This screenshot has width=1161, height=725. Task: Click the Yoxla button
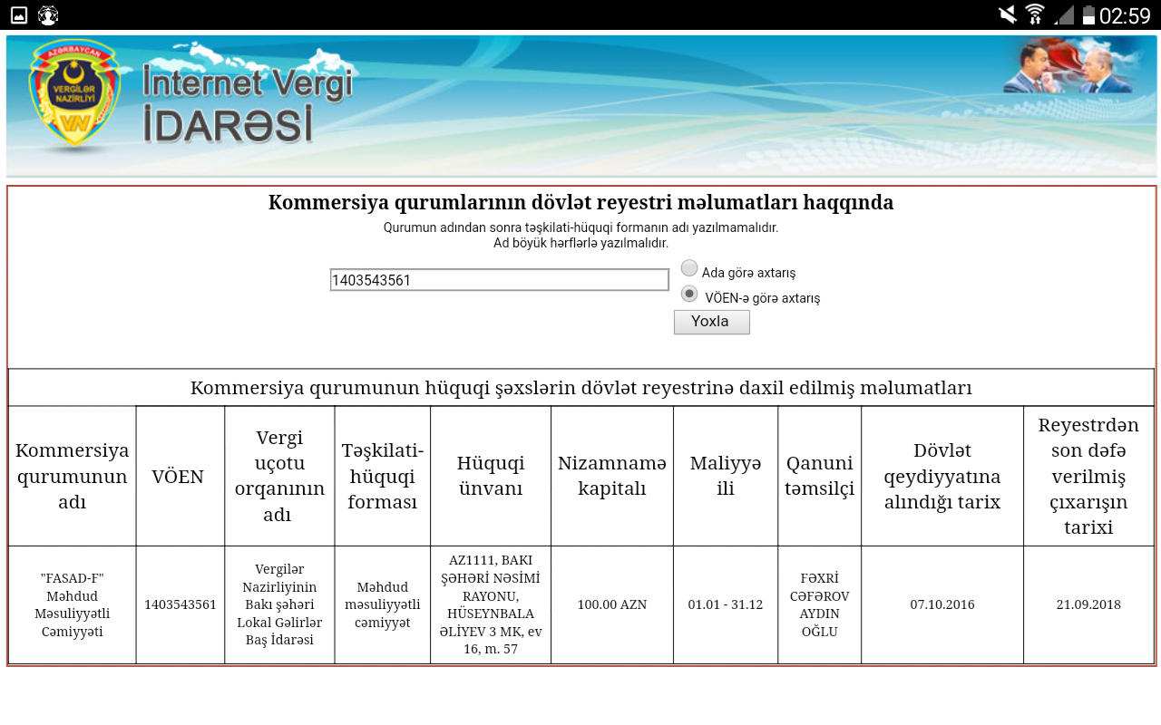[x=711, y=322]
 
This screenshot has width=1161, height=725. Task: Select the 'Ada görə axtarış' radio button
[x=688, y=268]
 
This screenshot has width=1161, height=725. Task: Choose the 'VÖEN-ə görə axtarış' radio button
[x=688, y=295]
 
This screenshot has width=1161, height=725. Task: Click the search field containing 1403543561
[x=499, y=280]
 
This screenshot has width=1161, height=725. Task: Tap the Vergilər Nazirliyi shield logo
[x=74, y=93]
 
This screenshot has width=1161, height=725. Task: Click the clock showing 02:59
[x=1125, y=15]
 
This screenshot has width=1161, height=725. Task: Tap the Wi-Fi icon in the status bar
[x=1035, y=14]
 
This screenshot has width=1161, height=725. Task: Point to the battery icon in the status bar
[x=1088, y=15]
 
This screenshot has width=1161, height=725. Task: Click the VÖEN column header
[x=178, y=477]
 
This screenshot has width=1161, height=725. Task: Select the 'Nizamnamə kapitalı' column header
[x=612, y=476]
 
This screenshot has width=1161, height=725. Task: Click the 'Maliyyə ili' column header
[x=726, y=476]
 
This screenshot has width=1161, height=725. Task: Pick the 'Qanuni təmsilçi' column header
[x=819, y=476]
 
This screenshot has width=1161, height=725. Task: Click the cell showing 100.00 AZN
[x=612, y=604]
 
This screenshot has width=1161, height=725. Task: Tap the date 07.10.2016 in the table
[x=942, y=604]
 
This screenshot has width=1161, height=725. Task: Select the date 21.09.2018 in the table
[x=1088, y=604]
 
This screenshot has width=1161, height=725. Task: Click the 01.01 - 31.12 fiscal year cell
[x=725, y=604]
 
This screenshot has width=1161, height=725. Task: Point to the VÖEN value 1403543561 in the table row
[x=180, y=604]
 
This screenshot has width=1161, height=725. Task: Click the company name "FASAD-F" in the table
[x=72, y=578]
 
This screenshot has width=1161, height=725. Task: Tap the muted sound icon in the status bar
[x=1008, y=14]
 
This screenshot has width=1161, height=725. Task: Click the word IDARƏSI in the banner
[x=228, y=124]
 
